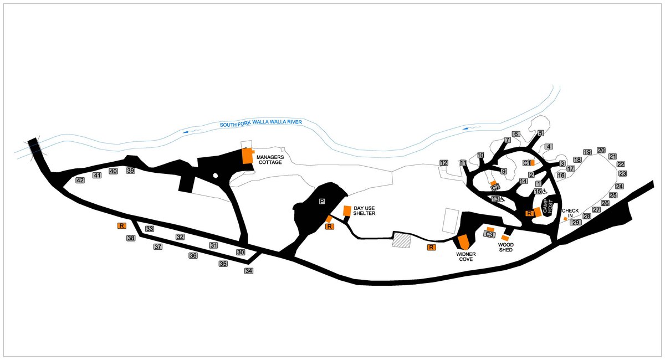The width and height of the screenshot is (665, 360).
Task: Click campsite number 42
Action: point(80,180)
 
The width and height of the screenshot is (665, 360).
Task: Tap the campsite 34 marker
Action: point(249,271)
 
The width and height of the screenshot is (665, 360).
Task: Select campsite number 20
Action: point(601,151)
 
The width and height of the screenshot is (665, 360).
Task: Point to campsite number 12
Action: point(444,163)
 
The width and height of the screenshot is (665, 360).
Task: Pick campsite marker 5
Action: point(540,133)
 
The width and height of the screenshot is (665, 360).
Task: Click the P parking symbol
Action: point(322,202)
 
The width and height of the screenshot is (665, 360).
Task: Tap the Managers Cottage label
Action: point(270,160)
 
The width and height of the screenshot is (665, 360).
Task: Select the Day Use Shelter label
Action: point(364,210)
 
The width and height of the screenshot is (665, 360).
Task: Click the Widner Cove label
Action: point(466,257)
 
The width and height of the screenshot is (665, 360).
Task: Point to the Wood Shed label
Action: point(506,248)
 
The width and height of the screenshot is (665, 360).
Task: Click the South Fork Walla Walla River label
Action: point(260,123)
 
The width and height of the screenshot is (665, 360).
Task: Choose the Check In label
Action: point(570,213)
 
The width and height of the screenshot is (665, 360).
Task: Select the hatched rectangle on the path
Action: point(401,240)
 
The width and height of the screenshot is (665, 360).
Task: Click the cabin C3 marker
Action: point(489,234)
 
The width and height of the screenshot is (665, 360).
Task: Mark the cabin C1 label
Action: point(526,163)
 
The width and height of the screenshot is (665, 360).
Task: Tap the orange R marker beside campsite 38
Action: point(121,226)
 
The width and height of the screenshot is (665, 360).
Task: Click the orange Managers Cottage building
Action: point(247,156)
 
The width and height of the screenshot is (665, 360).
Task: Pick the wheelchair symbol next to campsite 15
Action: point(544,192)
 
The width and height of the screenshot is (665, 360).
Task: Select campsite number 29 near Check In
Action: point(576,222)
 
